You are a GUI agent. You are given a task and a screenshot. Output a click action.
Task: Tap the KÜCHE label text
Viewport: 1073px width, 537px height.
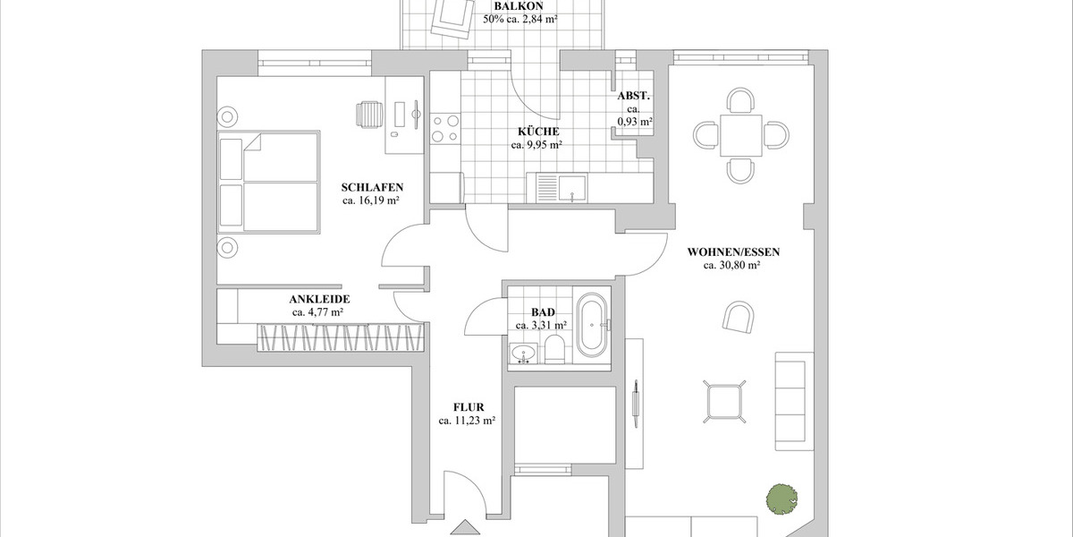point(536,131)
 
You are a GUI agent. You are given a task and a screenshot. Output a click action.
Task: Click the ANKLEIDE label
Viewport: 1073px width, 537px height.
point(318,299)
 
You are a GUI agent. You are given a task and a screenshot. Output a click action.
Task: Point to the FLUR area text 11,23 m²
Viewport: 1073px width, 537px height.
point(467,420)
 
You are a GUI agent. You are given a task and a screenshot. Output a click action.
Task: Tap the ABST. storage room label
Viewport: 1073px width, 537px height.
point(633,96)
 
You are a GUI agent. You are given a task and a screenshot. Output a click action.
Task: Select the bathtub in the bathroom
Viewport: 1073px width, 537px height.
point(590,326)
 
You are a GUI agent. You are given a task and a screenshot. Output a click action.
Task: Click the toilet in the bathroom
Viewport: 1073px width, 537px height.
point(553,350)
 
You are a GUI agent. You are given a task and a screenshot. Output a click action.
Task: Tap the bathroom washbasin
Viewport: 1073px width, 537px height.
point(524,355)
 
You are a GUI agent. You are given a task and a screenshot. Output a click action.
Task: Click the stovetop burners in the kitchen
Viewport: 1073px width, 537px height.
point(444,128)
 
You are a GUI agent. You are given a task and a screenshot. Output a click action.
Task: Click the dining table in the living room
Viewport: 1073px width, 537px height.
point(742,134)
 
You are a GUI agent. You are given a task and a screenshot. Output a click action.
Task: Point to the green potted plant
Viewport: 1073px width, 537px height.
point(781,499)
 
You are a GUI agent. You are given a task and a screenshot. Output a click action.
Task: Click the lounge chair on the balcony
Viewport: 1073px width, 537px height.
point(452,17)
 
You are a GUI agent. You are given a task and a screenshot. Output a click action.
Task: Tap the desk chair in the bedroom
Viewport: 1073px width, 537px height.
point(369,115)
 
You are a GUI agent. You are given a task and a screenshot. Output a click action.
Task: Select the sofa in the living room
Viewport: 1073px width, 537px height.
point(793,400)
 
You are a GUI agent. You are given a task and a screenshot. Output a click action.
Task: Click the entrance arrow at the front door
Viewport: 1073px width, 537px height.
point(465,530)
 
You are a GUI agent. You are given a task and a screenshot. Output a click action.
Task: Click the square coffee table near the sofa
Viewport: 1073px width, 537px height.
point(725,400)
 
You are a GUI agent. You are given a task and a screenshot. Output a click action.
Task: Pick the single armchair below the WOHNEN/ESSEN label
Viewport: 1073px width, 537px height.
point(739,319)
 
